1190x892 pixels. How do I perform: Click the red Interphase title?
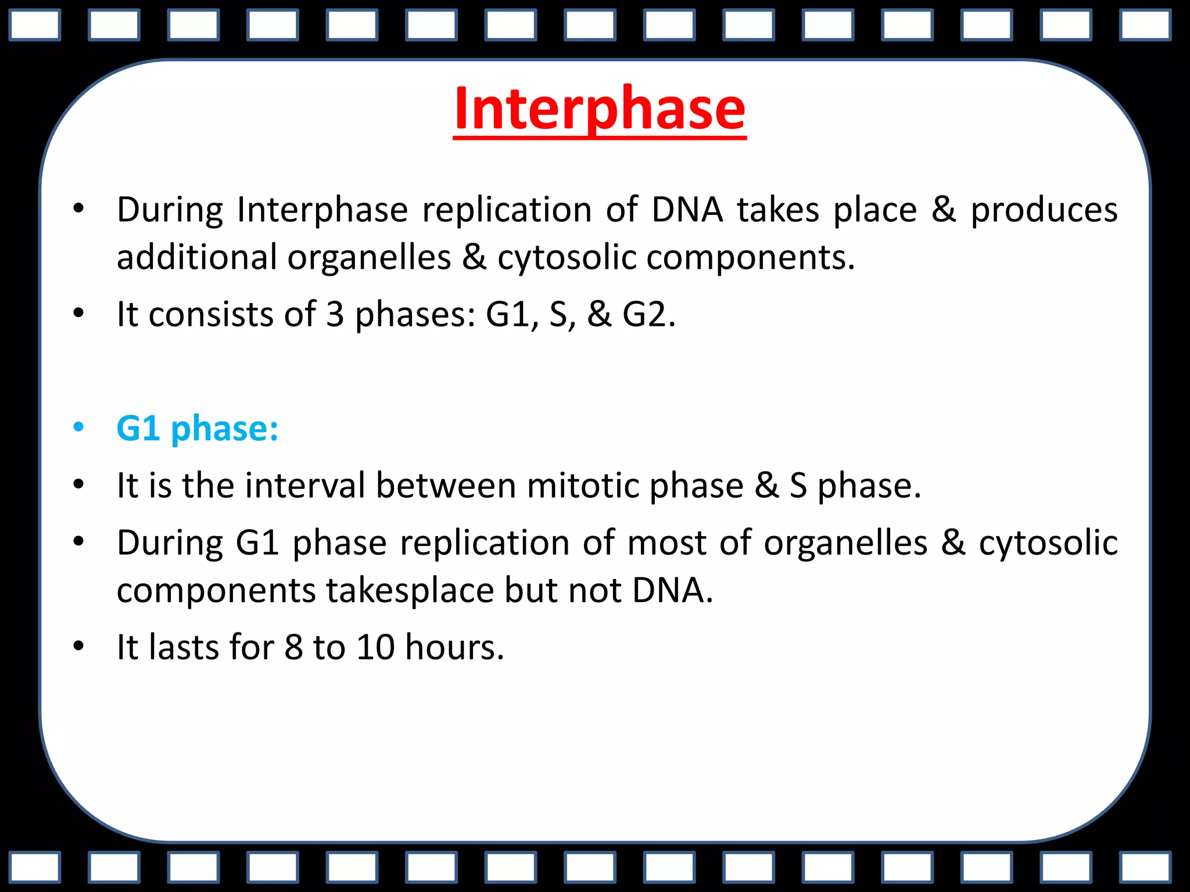[599, 109]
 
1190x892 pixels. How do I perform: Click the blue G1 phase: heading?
[197, 429]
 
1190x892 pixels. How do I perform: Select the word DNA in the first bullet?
[687, 210]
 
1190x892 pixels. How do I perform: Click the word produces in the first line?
[1044, 210]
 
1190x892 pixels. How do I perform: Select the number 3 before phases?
[335, 315]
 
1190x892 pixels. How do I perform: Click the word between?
[446, 485]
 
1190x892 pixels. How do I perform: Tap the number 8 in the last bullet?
[293, 648]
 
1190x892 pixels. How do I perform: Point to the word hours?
[454, 648]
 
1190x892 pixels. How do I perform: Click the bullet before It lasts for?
[78, 646]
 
